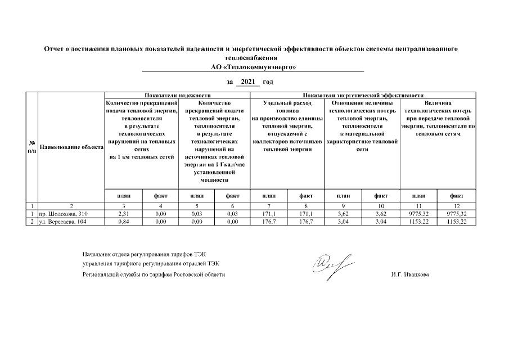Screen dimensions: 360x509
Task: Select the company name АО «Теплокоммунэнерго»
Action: (253, 67)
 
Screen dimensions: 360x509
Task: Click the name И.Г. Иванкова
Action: (409, 274)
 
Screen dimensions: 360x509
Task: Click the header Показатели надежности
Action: (177, 96)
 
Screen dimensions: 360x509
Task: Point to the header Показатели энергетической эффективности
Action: (363, 96)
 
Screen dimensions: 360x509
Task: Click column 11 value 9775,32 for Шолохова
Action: (419, 214)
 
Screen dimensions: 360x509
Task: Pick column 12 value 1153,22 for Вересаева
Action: (457, 222)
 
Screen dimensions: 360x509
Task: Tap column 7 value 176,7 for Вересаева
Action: (269, 222)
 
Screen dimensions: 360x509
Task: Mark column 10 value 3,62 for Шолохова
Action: (381, 214)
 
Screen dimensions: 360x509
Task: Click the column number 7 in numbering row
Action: (269, 206)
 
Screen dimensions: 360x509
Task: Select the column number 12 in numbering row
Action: (457, 206)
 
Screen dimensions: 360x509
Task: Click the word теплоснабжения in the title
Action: (252, 58)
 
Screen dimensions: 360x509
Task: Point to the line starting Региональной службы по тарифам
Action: (154, 274)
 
